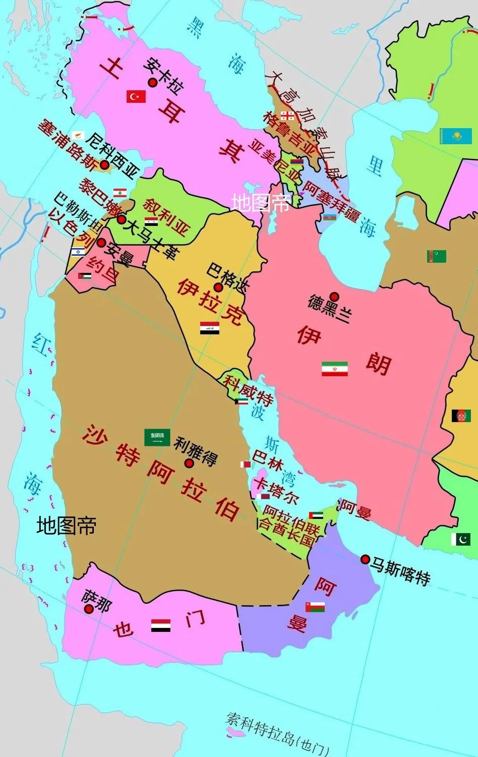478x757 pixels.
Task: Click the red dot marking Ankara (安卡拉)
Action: click(151, 83)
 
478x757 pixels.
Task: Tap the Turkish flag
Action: click(136, 96)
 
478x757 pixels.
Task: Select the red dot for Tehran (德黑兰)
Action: click(334, 297)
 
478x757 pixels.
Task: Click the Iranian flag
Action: click(335, 369)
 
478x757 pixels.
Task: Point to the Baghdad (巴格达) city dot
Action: click(218, 287)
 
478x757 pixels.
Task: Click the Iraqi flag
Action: click(209, 328)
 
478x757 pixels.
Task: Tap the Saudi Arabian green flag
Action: click(157, 437)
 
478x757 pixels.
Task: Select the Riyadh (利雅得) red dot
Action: click(189, 463)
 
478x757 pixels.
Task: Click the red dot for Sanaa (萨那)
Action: click(89, 609)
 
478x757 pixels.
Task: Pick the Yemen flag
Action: click(161, 625)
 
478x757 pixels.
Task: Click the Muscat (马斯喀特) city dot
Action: click(365, 559)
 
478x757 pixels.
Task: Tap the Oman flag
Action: click(315, 607)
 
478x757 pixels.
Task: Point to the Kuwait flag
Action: click(241, 401)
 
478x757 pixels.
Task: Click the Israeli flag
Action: click(78, 252)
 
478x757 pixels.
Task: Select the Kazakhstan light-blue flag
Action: click(455, 136)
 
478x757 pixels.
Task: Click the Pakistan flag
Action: click(460, 539)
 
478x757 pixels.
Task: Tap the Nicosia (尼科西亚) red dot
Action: click(104, 164)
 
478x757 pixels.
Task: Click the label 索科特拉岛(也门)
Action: click(277, 737)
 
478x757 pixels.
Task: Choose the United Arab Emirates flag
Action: click(316, 515)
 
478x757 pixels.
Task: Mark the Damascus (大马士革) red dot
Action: click(121, 219)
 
